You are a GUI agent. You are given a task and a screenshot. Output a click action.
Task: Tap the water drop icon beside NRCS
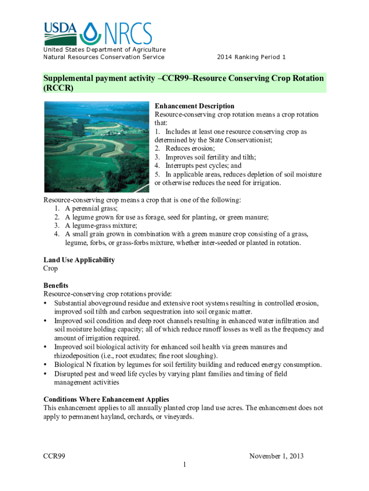[90, 33]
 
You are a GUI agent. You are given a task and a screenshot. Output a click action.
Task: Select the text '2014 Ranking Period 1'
[251, 57]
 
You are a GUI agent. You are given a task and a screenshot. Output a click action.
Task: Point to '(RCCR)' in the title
[58, 88]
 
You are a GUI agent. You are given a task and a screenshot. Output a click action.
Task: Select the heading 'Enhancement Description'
[195, 106]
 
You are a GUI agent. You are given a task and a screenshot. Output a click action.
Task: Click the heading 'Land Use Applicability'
[79, 260]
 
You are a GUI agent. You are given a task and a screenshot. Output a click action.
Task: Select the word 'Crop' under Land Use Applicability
[51, 269]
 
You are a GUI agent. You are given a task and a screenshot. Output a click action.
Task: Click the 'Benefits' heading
[56, 285]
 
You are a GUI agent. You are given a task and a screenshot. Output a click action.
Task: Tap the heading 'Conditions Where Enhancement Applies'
[106, 399]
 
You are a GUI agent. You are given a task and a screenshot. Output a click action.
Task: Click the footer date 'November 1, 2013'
[277, 456]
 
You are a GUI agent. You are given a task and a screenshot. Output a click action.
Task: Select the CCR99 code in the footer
[54, 456]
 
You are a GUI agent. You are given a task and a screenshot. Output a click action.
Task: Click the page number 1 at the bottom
[184, 465]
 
